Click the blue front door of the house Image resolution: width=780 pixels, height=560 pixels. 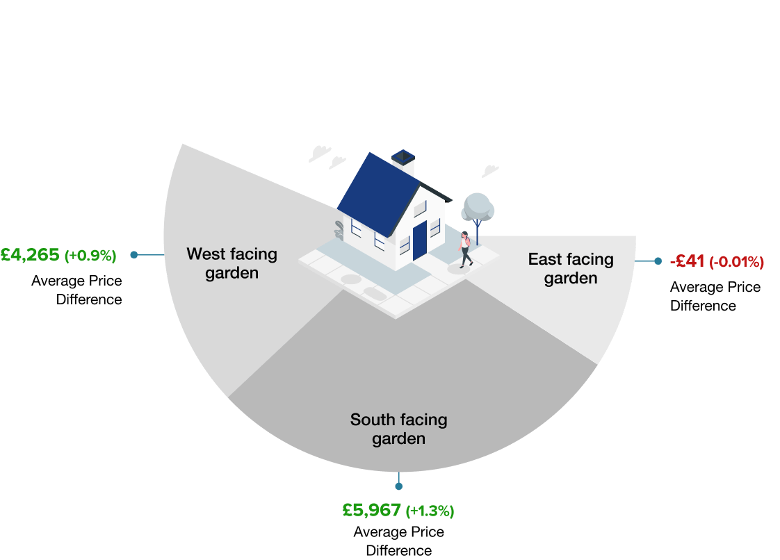click(x=419, y=240)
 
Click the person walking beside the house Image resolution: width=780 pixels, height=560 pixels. click(x=465, y=249)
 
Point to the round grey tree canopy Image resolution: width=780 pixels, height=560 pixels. click(x=478, y=206)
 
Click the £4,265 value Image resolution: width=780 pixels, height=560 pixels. click(x=31, y=255)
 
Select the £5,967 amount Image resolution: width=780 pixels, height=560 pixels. click(x=372, y=511)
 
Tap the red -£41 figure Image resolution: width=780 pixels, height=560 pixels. click(x=687, y=261)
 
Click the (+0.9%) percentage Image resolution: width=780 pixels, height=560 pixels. click(x=90, y=256)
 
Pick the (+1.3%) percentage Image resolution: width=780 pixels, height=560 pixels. click(x=430, y=511)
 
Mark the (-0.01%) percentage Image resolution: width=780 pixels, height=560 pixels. click(x=736, y=262)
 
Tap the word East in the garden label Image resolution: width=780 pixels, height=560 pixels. click(x=544, y=259)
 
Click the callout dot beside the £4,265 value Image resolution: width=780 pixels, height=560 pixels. click(x=133, y=255)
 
